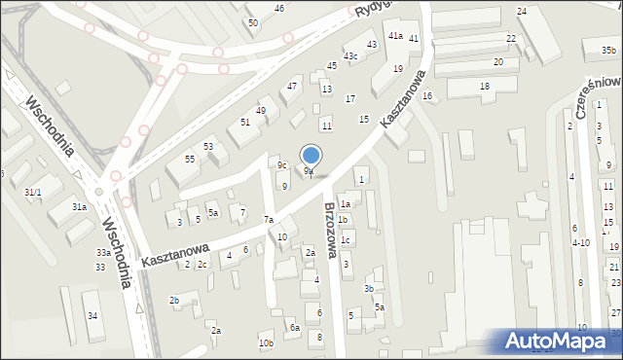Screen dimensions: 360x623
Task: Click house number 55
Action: (x=190, y=159)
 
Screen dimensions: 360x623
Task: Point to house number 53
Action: (x=208, y=146)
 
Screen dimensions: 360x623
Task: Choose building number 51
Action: (x=245, y=122)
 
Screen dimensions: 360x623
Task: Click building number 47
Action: (x=291, y=87)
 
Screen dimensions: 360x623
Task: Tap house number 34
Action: (x=92, y=315)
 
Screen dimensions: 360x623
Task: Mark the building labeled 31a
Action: (x=80, y=207)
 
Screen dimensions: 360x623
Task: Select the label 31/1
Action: (x=32, y=193)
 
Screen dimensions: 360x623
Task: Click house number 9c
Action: (x=281, y=165)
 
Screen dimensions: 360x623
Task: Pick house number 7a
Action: (x=268, y=220)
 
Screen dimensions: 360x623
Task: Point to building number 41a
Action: (x=395, y=36)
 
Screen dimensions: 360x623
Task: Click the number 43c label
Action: (x=350, y=56)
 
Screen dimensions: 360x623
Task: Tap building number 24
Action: (x=522, y=11)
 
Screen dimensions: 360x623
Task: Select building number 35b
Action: (x=607, y=51)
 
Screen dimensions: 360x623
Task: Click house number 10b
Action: (x=266, y=343)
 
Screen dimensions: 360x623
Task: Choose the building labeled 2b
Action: (x=174, y=301)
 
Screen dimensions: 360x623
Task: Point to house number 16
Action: (x=426, y=95)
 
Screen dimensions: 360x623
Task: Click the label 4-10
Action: (x=580, y=242)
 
